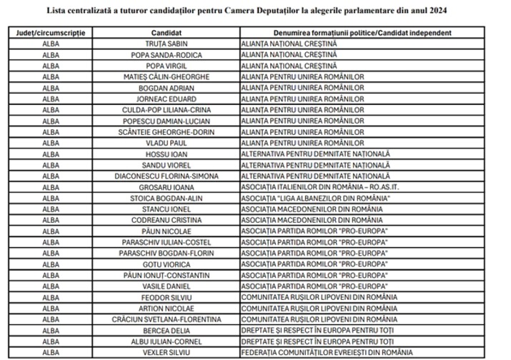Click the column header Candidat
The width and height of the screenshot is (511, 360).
coord(166,33)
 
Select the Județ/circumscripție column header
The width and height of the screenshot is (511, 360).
coord(51,33)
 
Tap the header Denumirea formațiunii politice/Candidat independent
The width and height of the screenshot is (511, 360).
coord(362,33)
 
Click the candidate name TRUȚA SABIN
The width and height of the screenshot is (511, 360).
coord(166,44)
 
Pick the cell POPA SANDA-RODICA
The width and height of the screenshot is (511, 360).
coord(166,55)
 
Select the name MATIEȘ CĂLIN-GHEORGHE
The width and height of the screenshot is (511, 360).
coord(166,77)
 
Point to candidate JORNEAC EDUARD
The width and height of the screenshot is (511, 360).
coord(166,99)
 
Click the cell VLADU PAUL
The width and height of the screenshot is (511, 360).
coord(166,143)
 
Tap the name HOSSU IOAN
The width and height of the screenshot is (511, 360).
coord(166,154)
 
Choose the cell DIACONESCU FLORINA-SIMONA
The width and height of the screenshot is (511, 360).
coord(166,176)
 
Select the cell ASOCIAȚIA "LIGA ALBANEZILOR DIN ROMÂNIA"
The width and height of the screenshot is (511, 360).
coord(313,198)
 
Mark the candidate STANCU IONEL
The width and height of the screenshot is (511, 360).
coord(166,209)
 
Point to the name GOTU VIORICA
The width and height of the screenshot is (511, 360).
coord(166,264)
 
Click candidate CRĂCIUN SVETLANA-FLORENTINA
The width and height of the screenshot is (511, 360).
coord(166,319)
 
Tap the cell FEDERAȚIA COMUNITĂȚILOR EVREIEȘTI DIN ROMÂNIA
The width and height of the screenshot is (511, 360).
coord(327,352)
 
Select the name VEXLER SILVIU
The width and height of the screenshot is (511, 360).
coord(166,352)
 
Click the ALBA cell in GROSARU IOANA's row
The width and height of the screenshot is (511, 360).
coord(51,187)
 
